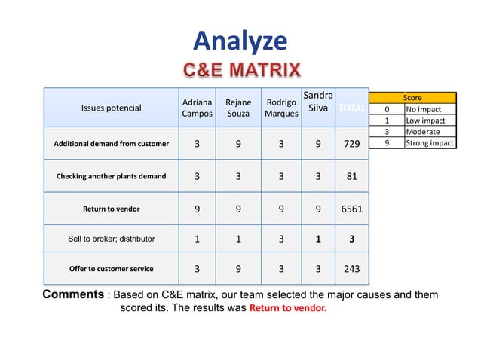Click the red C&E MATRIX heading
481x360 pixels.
(x=242, y=71)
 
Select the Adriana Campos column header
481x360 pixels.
(x=197, y=108)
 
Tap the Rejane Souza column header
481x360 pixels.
(x=238, y=108)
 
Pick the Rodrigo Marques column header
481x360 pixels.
(x=281, y=108)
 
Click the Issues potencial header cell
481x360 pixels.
(x=111, y=108)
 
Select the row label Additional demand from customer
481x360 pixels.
(x=111, y=143)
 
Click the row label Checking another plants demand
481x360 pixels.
(x=111, y=176)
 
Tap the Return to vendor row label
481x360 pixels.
(x=111, y=209)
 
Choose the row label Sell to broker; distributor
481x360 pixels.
(x=111, y=239)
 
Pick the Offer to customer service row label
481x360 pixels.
(x=111, y=269)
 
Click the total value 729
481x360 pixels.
(x=351, y=143)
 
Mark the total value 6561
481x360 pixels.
(x=351, y=209)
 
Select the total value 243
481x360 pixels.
(x=351, y=269)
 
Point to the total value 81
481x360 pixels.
(x=351, y=176)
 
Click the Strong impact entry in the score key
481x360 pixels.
(x=430, y=143)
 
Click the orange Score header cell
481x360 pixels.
(x=412, y=98)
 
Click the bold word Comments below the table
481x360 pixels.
(x=72, y=294)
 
